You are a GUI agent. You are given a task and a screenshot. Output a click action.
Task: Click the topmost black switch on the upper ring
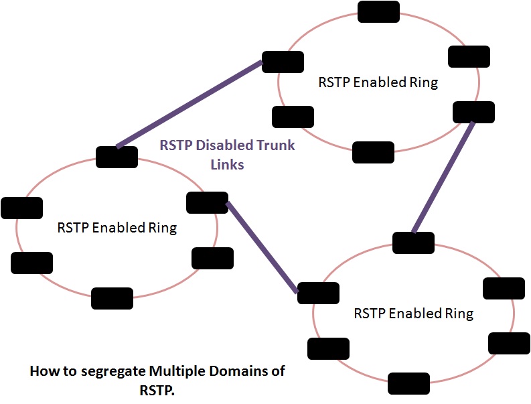coord(378,11)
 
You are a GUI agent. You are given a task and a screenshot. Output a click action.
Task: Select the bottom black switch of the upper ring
coord(373,153)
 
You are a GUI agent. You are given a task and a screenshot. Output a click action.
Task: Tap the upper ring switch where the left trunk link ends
coord(282,62)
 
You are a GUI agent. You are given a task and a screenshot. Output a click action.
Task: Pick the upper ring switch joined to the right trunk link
coord(473,112)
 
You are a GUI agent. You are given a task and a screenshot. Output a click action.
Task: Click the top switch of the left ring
coord(117,157)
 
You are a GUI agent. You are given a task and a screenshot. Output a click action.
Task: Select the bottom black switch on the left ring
coord(112,298)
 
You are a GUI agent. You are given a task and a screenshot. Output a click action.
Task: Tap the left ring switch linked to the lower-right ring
coord(207,202)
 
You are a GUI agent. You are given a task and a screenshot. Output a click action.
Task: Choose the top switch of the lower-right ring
coord(413,243)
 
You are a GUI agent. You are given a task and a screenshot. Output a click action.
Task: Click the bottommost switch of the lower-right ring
coord(408,383)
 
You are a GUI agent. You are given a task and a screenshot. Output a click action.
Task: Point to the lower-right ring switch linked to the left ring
coord(318,293)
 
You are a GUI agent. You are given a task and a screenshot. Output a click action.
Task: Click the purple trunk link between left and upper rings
coord(189,105)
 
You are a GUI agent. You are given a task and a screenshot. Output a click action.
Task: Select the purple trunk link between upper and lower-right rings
coord(444,177)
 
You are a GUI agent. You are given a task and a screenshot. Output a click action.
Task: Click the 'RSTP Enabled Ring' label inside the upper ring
coord(378,83)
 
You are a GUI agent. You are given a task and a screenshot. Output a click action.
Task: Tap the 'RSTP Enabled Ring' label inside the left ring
coord(117,228)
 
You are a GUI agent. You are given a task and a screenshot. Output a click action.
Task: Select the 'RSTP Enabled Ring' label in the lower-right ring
coord(413,314)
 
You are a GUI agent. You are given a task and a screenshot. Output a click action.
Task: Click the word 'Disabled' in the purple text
coord(226,145)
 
